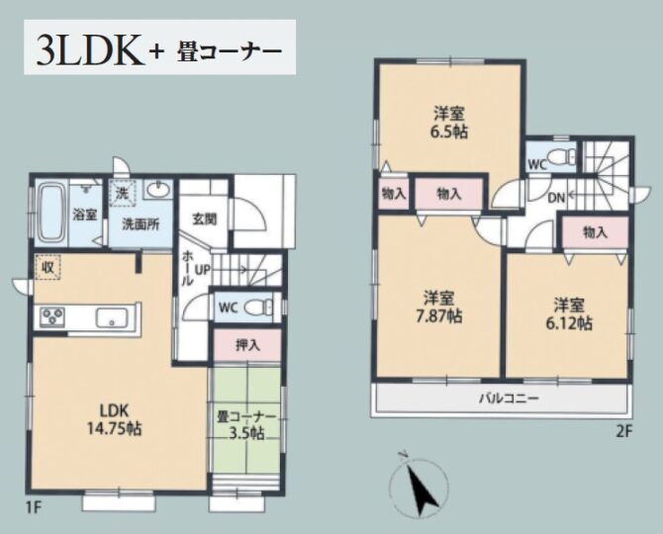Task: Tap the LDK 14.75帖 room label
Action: pyautogui.click(x=114, y=420)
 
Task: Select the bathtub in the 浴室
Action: pyautogui.click(x=51, y=213)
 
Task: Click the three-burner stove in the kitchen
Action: pyautogui.click(x=52, y=316)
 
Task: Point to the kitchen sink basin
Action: pyautogui.click(x=112, y=317)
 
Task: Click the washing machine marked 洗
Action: pyautogui.click(x=122, y=194)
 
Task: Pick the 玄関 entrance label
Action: pyautogui.click(x=205, y=219)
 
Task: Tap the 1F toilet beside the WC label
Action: pyautogui.click(x=260, y=307)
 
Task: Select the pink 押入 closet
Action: pyautogui.click(x=247, y=345)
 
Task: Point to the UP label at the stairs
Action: pyautogui.click(x=202, y=270)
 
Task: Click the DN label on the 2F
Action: pyautogui.click(x=556, y=198)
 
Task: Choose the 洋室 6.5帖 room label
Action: pyautogui.click(x=449, y=122)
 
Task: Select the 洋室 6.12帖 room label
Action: pyautogui.click(x=569, y=313)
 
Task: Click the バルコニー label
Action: pyautogui.click(x=509, y=398)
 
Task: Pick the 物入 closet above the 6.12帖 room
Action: pyautogui.click(x=595, y=232)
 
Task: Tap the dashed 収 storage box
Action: pyautogui.click(x=47, y=267)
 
